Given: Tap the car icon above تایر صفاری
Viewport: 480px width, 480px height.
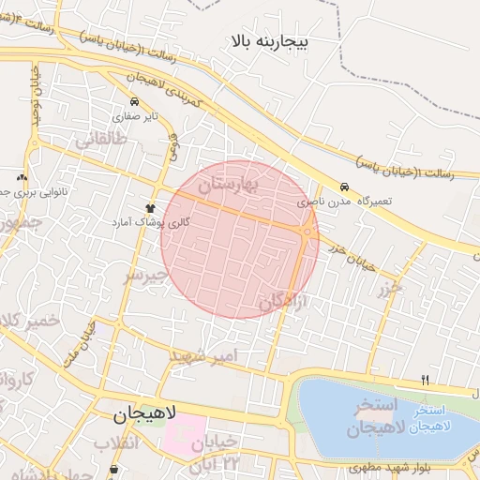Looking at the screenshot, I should [x=136, y=101].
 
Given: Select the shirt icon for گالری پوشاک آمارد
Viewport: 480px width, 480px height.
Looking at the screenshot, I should [x=149, y=207].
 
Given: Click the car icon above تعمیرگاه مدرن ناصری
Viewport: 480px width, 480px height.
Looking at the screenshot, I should [x=345, y=187].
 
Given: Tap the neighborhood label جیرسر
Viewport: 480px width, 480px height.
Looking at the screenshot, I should [x=145, y=275].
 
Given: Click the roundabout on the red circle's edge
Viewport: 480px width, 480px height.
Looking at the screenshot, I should [x=307, y=232].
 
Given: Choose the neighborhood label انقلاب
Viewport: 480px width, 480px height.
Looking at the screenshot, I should [x=116, y=442].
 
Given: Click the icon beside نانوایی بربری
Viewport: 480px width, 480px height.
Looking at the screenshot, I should [x=22, y=177].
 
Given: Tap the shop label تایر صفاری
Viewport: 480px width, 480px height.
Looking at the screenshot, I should [x=137, y=117].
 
